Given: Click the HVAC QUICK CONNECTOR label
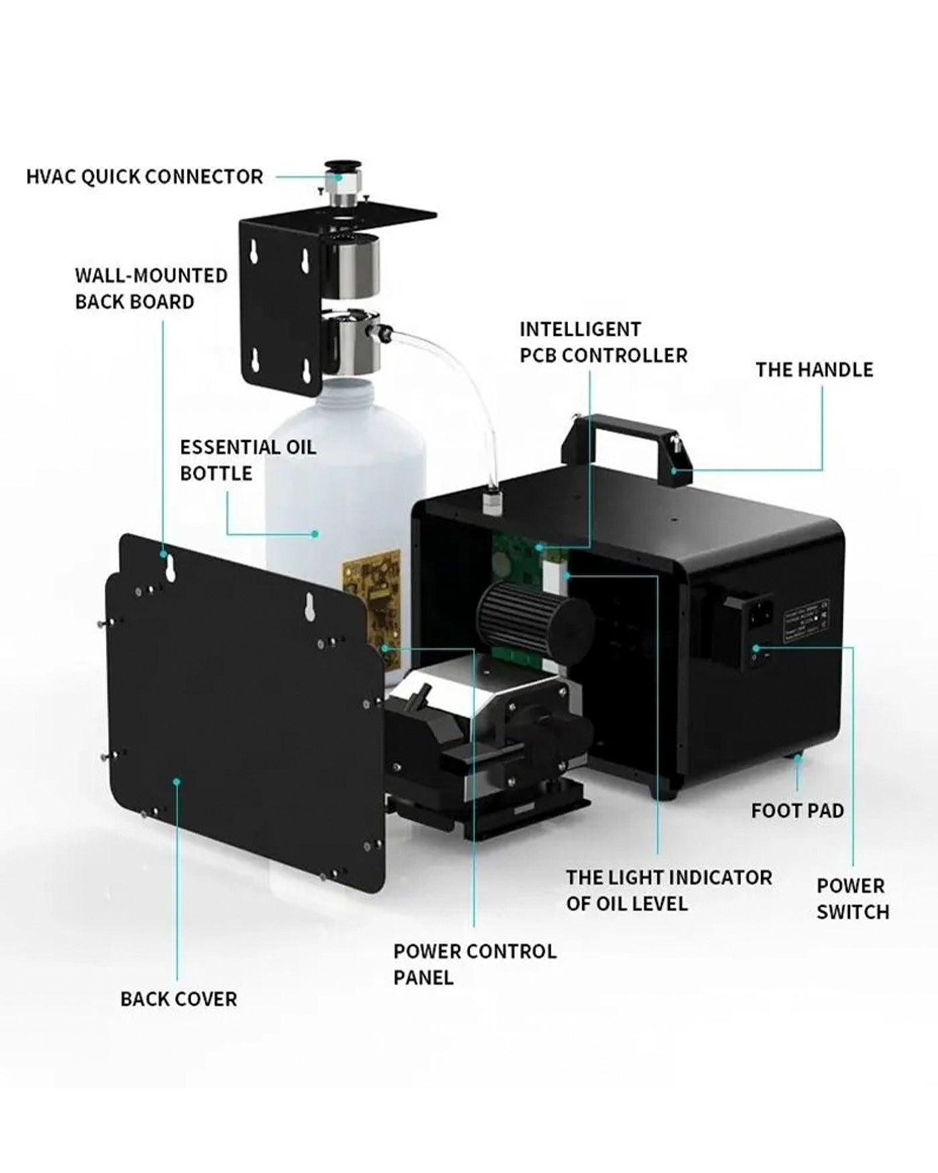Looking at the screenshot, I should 144,177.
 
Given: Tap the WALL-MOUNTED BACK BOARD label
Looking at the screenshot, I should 151,288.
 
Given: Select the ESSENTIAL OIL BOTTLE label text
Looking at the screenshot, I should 247,460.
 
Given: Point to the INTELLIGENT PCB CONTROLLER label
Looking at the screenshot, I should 603,342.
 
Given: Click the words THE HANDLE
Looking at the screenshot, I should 814,370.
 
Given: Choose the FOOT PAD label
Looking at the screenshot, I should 797,810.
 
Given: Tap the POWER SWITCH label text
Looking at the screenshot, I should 852,899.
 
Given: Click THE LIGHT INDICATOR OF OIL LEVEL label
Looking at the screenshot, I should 668,890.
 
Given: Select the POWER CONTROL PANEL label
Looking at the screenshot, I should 474,964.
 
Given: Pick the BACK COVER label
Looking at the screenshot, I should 178,999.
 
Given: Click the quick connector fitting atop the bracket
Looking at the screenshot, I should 342,181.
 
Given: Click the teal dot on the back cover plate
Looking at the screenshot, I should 177,781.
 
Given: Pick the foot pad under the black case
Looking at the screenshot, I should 797,757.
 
